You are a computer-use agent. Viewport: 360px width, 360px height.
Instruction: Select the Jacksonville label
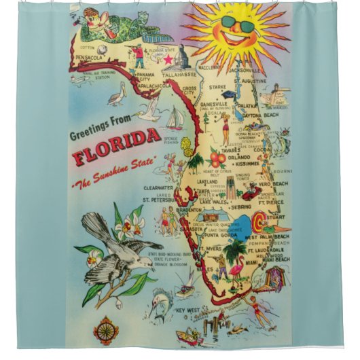pos(244,69)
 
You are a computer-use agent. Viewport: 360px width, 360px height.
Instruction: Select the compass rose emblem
pos(106,331)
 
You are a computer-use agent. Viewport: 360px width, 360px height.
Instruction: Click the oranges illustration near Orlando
pos(217,159)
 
